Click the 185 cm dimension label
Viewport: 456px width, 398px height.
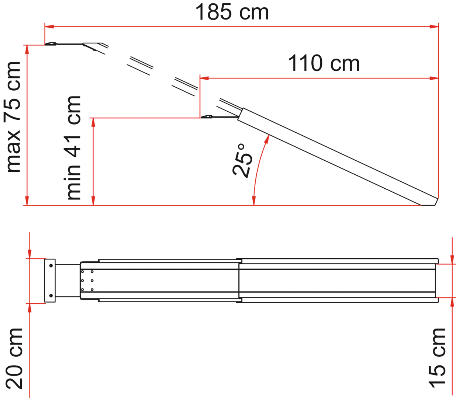(x=232, y=12)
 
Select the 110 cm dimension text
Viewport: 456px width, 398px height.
(x=324, y=63)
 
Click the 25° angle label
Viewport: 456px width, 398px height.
(x=242, y=161)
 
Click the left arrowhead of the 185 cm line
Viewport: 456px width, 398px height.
(x=49, y=27)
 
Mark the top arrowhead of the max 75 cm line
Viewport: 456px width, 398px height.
(x=26, y=49)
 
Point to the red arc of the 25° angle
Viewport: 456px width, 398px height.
(x=258, y=166)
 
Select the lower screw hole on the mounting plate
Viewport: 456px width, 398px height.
(x=51, y=295)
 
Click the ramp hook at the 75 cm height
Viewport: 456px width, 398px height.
(x=52, y=44)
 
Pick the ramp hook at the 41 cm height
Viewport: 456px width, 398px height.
(x=207, y=117)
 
